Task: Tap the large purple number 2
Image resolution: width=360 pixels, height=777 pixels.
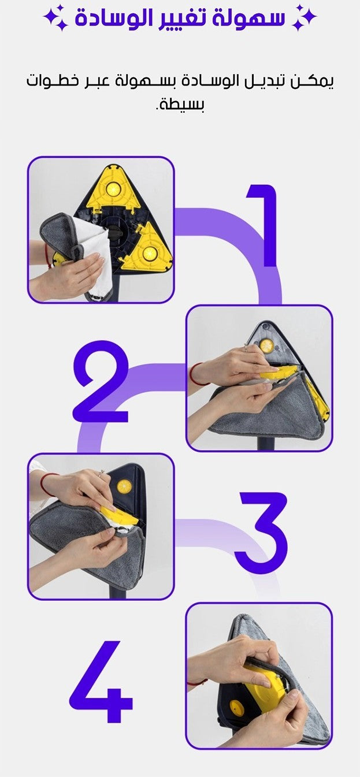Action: (101, 381)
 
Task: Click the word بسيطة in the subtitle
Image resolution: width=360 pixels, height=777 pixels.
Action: (180, 104)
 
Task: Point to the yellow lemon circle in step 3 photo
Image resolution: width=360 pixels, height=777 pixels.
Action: (124, 486)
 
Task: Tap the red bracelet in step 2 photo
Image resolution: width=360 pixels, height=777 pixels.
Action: (194, 374)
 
